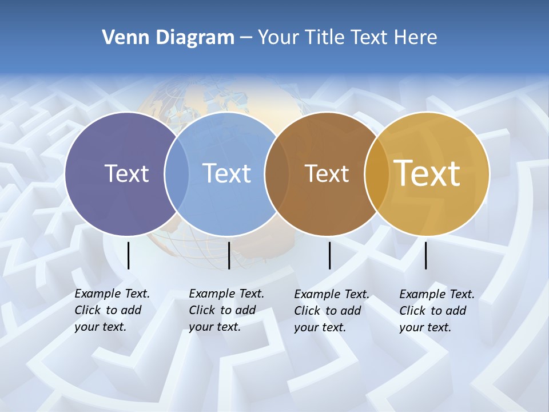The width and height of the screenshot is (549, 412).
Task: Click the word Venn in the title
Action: [x=122, y=38]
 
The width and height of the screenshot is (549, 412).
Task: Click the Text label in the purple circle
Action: [x=126, y=173]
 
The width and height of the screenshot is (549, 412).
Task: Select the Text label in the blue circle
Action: [x=227, y=173]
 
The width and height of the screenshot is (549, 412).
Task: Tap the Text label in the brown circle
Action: [x=327, y=174]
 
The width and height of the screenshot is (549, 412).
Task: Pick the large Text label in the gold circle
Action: [x=427, y=173]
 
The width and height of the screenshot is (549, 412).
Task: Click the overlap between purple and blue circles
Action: [x=177, y=174]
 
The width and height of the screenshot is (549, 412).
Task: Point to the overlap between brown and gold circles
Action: [x=376, y=174]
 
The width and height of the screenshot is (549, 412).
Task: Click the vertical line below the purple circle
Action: [x=128, y=255]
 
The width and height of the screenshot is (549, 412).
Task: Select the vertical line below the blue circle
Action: [x=229, y=255]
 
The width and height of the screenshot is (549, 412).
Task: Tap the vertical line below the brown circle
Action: [x=329, y=255]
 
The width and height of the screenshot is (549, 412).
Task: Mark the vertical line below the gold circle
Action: [x=425, y=255]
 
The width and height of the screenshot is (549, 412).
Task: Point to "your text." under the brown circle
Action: [x=320, y=327]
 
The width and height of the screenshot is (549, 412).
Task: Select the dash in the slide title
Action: [x=246, y=38]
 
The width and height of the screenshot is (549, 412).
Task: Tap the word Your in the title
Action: [x=278, y=38]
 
